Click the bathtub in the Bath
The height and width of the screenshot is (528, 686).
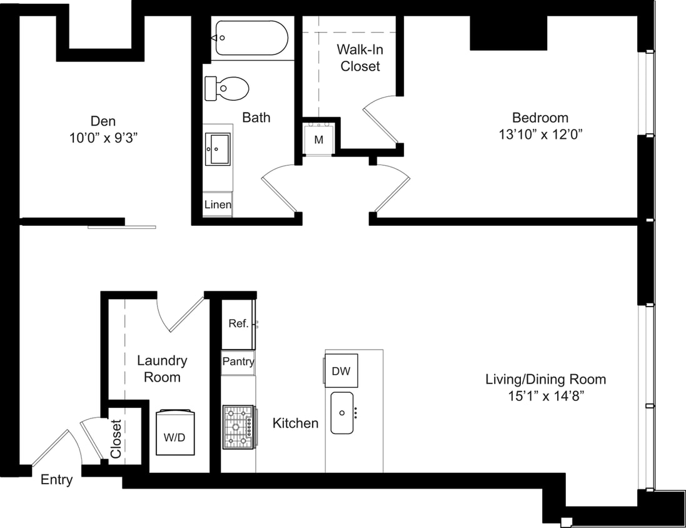251,39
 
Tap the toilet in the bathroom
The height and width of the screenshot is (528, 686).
228,88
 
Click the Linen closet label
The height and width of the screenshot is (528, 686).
218,205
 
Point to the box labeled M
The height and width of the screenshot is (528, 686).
319,140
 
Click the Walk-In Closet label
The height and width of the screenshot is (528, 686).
360,57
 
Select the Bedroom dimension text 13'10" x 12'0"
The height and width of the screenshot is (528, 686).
540,134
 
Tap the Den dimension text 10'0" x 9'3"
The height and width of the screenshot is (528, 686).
103,138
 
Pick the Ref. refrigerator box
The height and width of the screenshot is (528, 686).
238,324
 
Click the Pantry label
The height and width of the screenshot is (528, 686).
238,362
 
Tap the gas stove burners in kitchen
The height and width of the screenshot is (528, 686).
238,427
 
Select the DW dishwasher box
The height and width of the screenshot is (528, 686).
341,371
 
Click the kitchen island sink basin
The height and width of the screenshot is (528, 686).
342,413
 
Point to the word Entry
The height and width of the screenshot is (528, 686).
56,480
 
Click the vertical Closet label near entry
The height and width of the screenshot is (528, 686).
116,438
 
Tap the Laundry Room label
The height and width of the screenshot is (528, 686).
162,369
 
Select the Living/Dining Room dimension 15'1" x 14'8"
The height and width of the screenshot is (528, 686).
546,396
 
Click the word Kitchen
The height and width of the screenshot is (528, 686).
295,424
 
